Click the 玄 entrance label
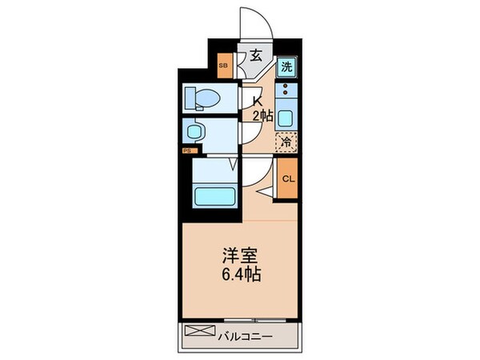pyautogui.click(x=254, y=56)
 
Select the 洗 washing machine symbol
pyautogui.click(x=286, y=68)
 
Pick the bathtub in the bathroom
pyautogui.click(x=213, y=194)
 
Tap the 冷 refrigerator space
pyautogui.click(x=286, y=142)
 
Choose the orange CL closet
pyautogui.click(x=287, y=178)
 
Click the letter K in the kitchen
pyautogui.click(x=257, y=101)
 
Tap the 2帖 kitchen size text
pyautogui.click(x=262, y=116)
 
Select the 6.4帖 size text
pyautogui.click(x=240, y=275)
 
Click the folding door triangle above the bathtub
pyautogui.click(x=233, y=166)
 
